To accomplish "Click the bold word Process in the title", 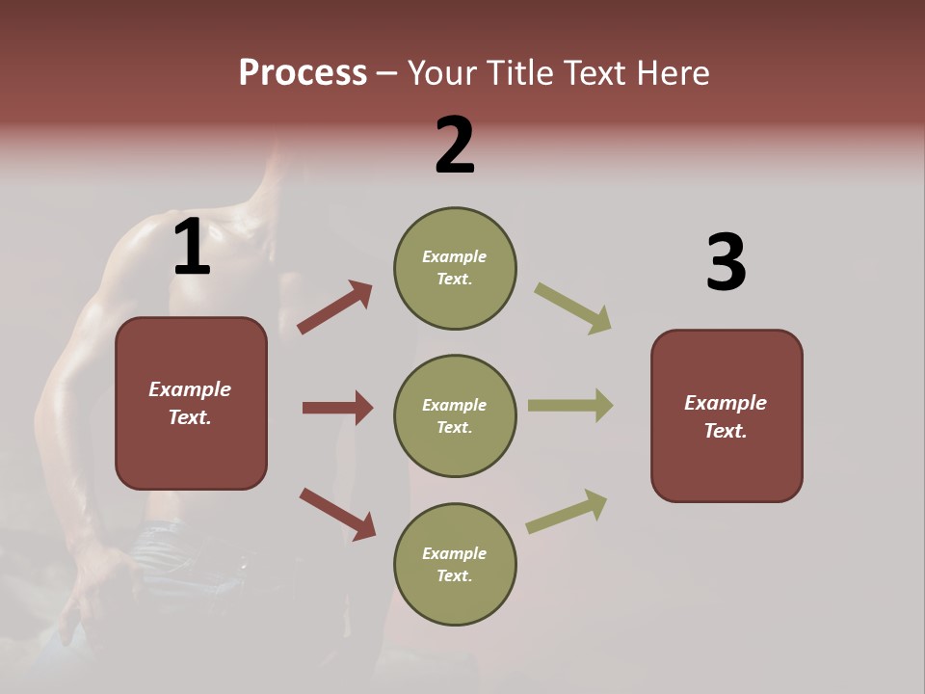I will [303, 72].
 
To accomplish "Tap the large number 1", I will [192, 247].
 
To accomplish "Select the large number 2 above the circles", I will [455, 145].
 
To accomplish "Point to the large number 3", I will [726, 262].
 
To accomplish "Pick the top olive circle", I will [455, 268].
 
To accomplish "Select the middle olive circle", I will [455, 416].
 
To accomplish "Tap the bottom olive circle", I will [455, 565].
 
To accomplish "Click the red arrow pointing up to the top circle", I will [335, 307].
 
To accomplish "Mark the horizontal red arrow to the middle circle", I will [337, 408].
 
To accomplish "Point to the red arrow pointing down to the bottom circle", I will [337, 513].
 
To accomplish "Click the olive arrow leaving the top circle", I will [573, 308].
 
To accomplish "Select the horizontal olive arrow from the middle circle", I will [570, 406].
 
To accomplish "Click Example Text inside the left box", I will [190, 403].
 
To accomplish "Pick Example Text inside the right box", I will [726, 416].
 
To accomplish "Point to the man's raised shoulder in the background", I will [154, 241].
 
